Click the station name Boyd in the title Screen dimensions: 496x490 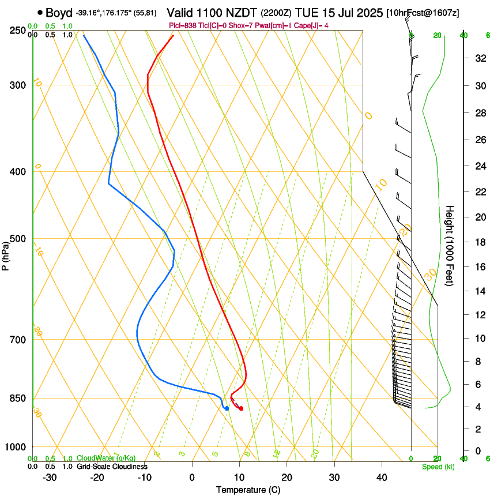click(59, 12)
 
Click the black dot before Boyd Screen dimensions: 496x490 click(40, 12)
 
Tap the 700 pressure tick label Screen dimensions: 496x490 click(18, 340)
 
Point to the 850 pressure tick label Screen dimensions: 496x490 click(18, 399)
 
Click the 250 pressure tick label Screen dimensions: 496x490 click(18, 31)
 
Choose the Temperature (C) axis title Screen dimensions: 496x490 click(248, 490)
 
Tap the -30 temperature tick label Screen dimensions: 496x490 click(50, 478)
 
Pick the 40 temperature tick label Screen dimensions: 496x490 click(382, 478)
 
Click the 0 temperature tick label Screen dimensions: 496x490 click(193, 478)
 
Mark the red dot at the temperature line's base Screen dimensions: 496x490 click(241, 408)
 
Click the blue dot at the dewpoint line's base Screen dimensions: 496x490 click(227, 408)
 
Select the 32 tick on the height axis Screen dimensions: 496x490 click(479, 58)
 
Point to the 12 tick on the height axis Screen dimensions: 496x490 click(479, 314)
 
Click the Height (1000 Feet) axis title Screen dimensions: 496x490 click(450, 246)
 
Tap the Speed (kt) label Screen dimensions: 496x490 click(438, 467)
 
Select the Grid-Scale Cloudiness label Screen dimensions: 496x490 click(112, 467)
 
